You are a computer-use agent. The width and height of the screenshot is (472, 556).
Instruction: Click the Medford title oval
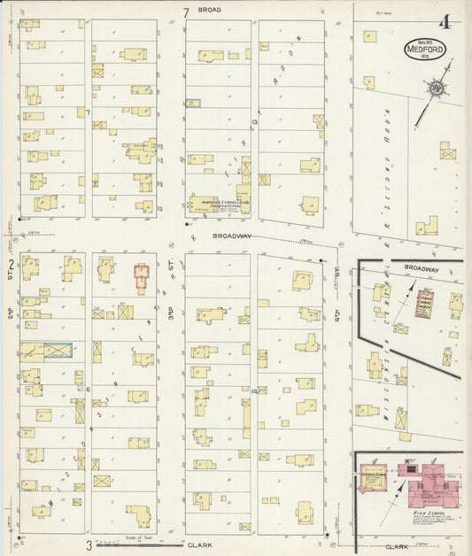[425, 49]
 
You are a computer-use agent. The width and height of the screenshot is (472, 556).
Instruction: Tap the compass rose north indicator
[436, 88]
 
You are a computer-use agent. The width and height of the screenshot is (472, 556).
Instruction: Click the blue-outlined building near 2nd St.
[58, 351]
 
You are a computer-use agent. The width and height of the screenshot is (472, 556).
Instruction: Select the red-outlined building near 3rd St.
[140, 278]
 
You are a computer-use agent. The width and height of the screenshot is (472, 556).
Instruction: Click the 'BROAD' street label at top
[209, 10]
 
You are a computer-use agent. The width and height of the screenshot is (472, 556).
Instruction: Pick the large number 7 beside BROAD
[186, 12]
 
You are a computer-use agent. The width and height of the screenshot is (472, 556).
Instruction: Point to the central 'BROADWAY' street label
[232, 236]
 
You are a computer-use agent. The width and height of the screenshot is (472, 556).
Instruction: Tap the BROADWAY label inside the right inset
[421, 268]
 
